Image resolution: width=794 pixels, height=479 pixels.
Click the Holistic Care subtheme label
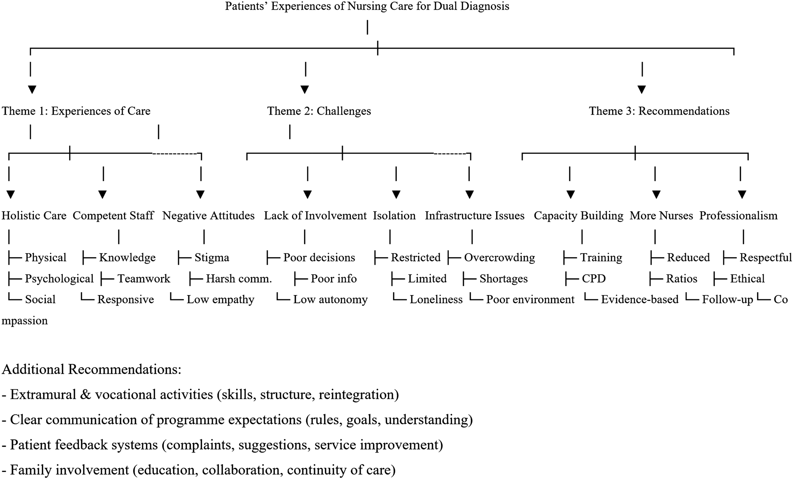pyautogui.click(x=34, y=216)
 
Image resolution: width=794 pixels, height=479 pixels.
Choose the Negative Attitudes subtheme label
pyautogui.click(x=209, y=216)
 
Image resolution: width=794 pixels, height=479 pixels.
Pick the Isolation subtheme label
pyautogui.click(x=394, y=216)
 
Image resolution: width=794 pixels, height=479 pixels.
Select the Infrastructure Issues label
pyautogui.click(x=475, y=216)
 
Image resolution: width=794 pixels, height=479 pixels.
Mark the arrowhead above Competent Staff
pyautogui.click(x=102, y=195)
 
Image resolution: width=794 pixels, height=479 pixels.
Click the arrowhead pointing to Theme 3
pyautogui.click(x=642, y=90)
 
